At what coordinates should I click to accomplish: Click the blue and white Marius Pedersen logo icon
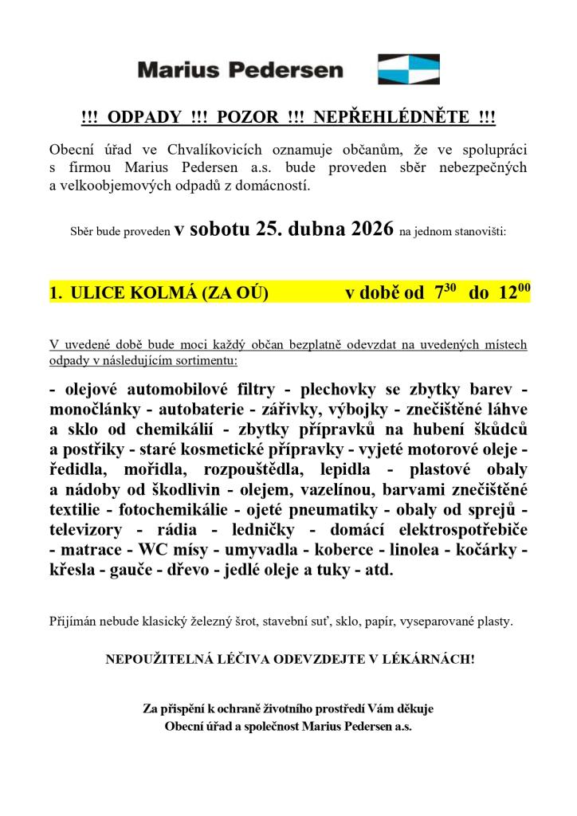click(x=408, y=69)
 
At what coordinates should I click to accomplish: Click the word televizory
click(x=92, y=530)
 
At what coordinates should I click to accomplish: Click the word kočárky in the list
click(x=490, y=550)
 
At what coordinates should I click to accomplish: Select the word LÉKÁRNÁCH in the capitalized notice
click(x=430, y=660)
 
